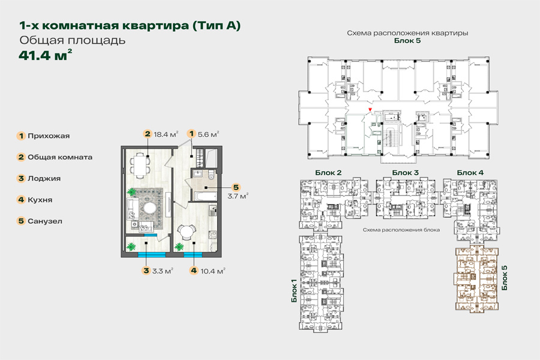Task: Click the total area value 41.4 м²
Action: pos(46,55)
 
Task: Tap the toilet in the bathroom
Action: pos(212,176)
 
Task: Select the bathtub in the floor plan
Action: pos(205,196)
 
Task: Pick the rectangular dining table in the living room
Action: pos(139,166)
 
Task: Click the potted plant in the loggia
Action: pos(131,247)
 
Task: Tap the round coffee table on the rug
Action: pos(150,208)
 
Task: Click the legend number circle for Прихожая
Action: pos(21,136)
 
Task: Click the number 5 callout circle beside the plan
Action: pos(236,187)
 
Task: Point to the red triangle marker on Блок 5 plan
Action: pos(370,110)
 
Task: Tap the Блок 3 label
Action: pos(406,173)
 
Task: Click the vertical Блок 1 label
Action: pos(294,291)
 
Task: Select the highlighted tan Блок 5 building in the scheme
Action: pos(476,280)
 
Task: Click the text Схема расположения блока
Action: pos(401,230)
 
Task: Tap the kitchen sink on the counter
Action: pos(213,209)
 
